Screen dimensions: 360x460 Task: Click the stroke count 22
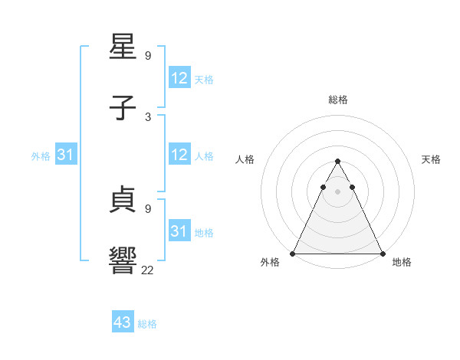tap(148, 270)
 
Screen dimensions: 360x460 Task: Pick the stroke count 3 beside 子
tap(148, 116)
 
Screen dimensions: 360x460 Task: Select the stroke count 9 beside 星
tap(148, 55)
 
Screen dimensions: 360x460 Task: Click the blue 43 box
tap(123, 322)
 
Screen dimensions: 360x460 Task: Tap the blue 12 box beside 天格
tap(179, 78)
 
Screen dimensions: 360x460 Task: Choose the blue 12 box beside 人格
tap(179, 155)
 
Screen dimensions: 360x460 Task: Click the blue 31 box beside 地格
tap(179, 231)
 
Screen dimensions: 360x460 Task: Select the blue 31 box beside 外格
tap(66, 155)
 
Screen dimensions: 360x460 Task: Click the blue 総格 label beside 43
tap(147, 324)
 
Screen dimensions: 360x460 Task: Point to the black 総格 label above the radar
tap(337, 100)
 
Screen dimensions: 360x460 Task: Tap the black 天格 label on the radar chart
tap(431, 159)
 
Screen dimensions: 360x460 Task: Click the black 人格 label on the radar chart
tap(245, 159)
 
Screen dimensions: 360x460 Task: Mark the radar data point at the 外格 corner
tap(293, 253)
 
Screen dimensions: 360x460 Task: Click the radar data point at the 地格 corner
tap(382, 253)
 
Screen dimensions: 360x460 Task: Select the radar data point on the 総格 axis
tap(337, 162)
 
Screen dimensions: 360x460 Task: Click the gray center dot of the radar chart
tap(337, 191)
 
